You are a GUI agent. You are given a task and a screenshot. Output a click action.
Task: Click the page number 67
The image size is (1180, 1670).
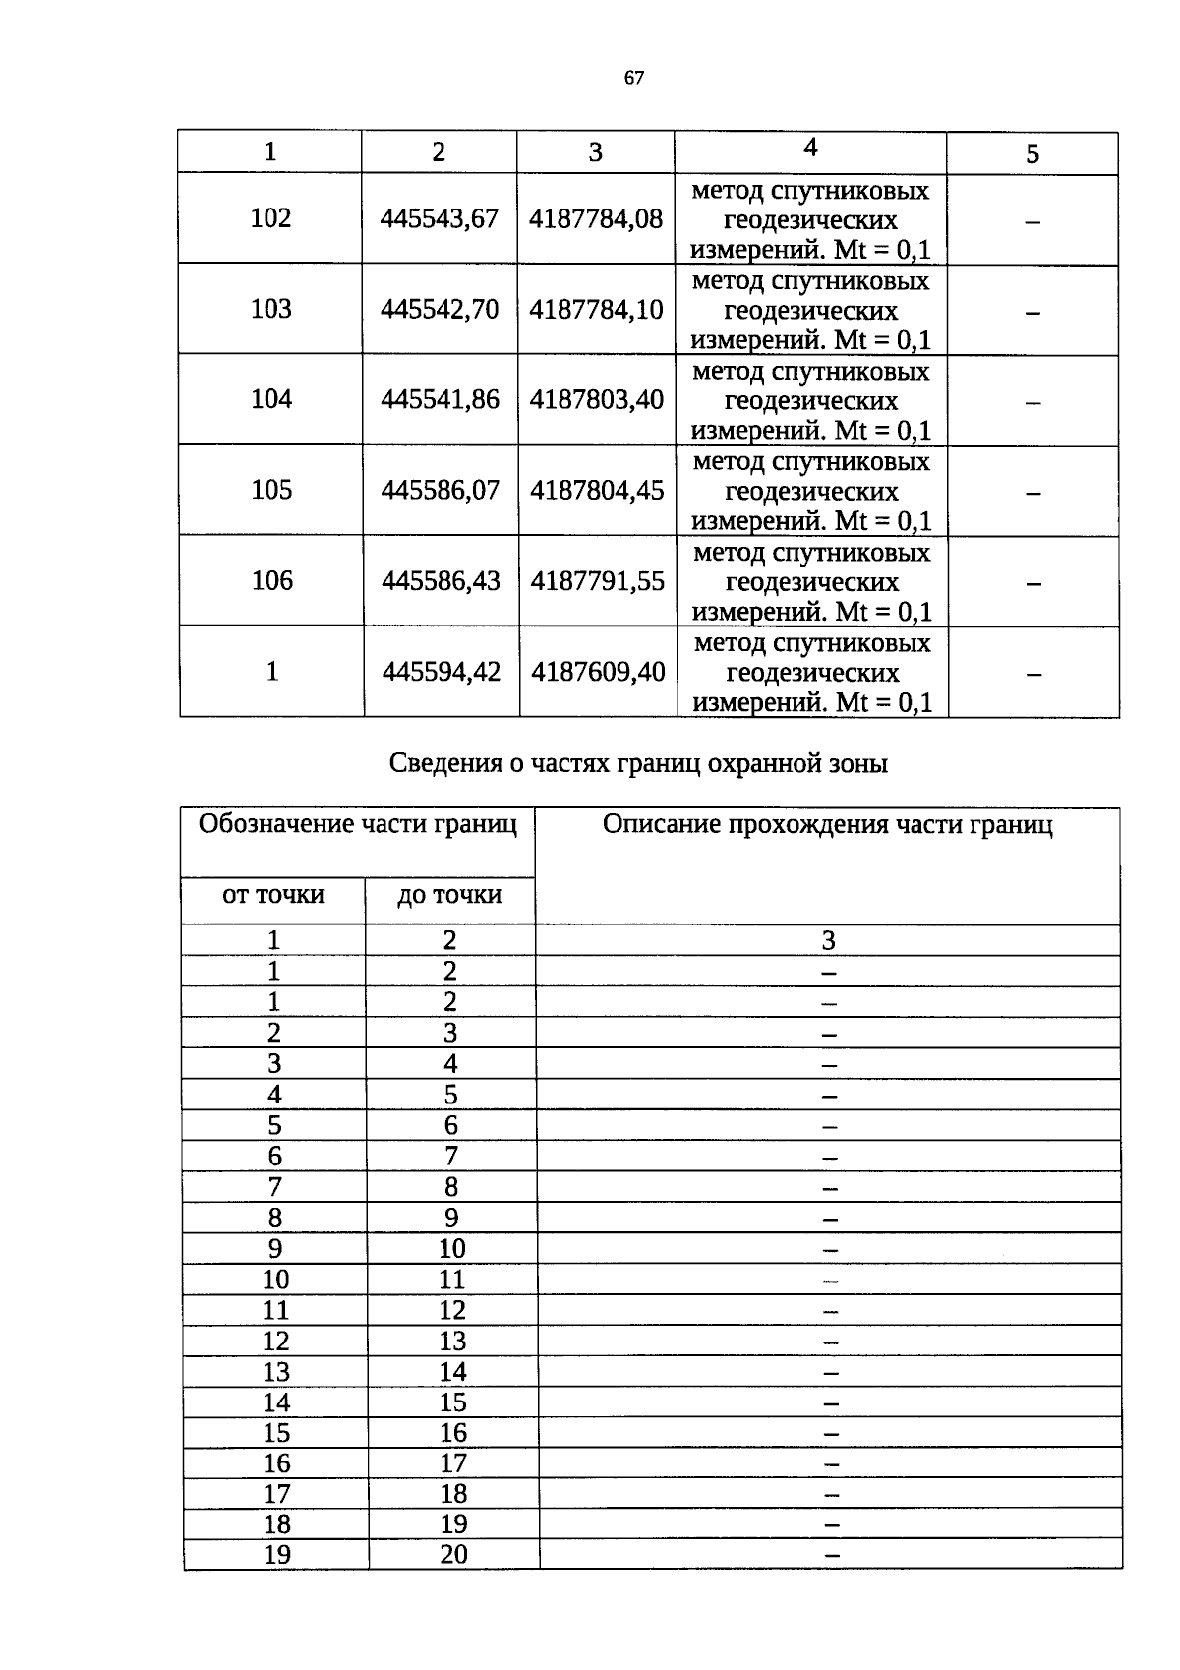(x=633, y=78)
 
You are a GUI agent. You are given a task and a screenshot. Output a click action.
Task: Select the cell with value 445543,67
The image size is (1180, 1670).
(x=440, y=218)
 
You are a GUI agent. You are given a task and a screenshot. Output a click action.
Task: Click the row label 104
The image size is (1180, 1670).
(x=271, y=399)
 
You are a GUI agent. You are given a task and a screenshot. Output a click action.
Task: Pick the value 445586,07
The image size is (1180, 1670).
(x=441, y=490)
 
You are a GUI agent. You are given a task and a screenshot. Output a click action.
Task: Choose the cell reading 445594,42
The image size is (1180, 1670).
(x=442, y=672)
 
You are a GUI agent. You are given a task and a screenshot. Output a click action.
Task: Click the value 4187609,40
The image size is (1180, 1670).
(x=598, y=672)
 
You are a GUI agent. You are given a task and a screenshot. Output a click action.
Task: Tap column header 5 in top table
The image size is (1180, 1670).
(x=1032, y=154)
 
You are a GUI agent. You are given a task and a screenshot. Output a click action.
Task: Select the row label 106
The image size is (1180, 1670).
(x=272, y=580)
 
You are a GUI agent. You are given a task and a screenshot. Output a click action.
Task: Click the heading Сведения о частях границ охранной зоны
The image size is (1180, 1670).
(x=638, y=763)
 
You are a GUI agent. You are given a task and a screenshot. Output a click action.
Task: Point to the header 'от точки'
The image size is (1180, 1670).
(x=273, y=895)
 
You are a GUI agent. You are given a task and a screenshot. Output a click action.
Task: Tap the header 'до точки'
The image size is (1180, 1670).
(x=449, y=895)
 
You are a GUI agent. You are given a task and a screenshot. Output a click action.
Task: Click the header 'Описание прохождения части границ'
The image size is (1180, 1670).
(x=827, y=825)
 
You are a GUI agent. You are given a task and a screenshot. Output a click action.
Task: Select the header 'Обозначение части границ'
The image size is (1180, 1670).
(x=357, y=824)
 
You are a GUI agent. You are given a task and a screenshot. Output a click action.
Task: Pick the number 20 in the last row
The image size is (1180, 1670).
(x=453, y=1555)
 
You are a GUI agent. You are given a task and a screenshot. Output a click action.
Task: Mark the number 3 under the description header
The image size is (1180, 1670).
(x=828, y=941)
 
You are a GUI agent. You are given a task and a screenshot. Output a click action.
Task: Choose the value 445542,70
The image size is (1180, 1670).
(x=440, y=309)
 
